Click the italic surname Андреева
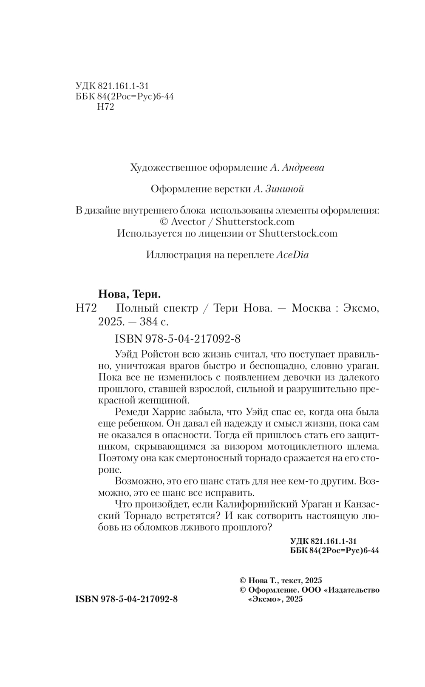coord(302,167)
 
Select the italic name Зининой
coord(284,189)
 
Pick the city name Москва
coord(311,309)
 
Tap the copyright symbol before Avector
coord(164,221)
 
